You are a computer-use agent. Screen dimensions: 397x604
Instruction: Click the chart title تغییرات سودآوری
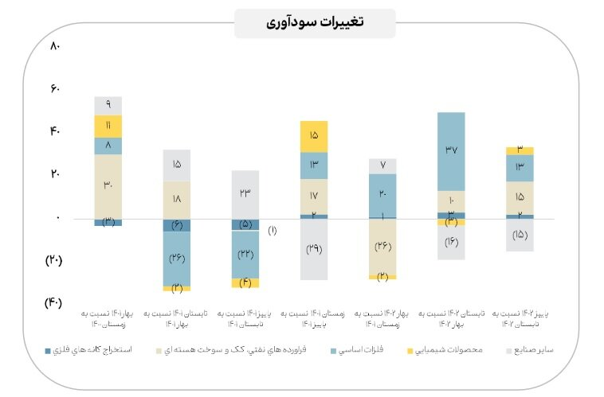point(315,22)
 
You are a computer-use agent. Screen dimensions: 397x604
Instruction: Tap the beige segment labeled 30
point(108,186)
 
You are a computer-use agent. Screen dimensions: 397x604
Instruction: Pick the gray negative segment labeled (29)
point(314,249)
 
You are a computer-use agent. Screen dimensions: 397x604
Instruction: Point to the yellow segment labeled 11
point(108,126)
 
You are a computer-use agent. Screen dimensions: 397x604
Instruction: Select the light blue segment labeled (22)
point(245,254)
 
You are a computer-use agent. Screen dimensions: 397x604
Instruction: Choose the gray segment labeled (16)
point(451,242)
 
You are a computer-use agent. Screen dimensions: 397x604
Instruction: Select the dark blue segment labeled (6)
point(177,225)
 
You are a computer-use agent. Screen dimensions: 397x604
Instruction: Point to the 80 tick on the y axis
point(55,46)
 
